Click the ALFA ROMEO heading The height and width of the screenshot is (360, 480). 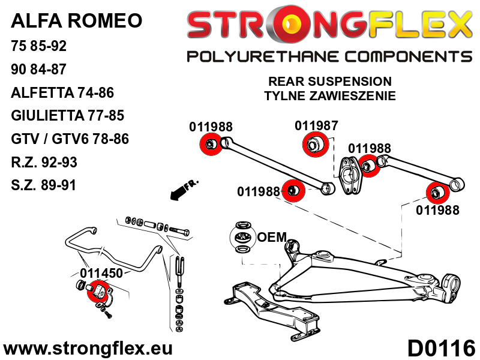click(x=77, y=21)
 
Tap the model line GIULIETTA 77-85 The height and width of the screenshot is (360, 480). click(x=67, y=116)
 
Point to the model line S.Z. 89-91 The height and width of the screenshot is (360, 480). click(x=43, y=185)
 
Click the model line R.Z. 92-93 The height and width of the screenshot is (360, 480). click(x=44, y=162)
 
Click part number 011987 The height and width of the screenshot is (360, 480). click(x=316, y=126)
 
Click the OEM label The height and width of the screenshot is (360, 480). click(x=271, y=237)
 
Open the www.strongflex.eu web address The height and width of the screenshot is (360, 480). click(x=88, y=349)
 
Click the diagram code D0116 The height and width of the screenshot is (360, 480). click(x=441, y=347)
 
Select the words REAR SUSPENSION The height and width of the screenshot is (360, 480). click(x=329, y=82)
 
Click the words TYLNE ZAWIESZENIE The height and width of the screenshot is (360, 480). click(x=329, y=95)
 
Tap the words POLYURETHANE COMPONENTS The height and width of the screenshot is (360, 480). click(x=329, y=57)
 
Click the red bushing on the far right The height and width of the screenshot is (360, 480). click(x=437, y=192)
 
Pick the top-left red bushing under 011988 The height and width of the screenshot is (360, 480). click(x=210, y=145)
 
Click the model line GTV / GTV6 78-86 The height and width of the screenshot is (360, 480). click(x=70, y=139)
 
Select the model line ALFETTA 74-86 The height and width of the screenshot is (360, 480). click(x=62, y=92)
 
